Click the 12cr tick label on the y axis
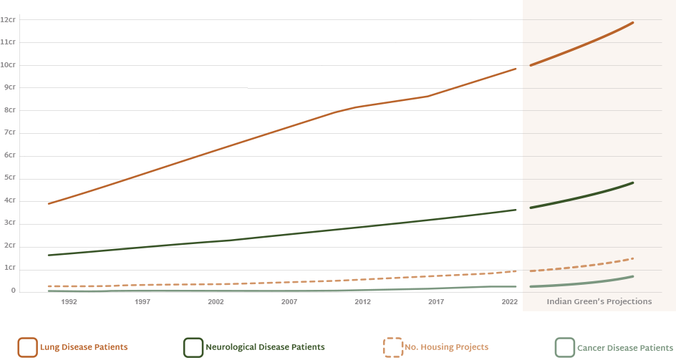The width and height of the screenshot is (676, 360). tap(9, 19)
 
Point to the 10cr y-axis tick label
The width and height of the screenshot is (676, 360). tap(9, 65)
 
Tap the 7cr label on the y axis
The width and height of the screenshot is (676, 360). tap(9, 133)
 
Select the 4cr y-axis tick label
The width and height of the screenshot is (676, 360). tap(9, 201)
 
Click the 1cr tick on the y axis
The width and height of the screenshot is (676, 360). tap(9, 268)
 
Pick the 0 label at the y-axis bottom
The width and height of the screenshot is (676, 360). tap(12, 291)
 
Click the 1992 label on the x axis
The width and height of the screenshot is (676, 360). tap(69, 302)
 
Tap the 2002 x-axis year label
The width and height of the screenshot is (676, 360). tap(216, 302)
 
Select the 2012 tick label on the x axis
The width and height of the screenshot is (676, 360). tap(362, 302)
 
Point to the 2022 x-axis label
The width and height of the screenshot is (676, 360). tap(509, 302)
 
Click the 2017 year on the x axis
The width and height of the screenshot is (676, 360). tap(435, 302)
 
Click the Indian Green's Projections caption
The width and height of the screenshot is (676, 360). tap(599, 302)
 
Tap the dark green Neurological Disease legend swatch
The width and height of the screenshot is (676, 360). tap(193, 347)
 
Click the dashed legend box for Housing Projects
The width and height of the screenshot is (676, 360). tap(392, 347)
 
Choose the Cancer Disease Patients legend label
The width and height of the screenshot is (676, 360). tap(624, 347)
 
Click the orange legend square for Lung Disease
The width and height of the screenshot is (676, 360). tap(28, 347)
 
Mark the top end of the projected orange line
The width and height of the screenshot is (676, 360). tap(633, 23)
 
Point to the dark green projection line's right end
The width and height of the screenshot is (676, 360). tap(633, 183)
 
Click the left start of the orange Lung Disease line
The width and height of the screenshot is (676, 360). tap(49, 204)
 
